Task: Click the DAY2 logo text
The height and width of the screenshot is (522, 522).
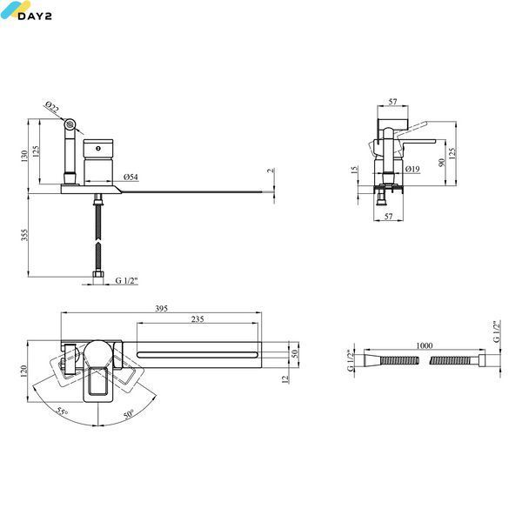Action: click(35, 16)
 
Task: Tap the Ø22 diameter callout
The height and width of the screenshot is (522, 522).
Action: click(52, 107)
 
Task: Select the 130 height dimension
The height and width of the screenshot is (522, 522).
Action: click(24, 156)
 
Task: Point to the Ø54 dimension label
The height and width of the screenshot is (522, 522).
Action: click(130, 177)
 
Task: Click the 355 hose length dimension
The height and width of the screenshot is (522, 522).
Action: click(24, 235)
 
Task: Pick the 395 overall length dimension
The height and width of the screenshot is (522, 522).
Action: click(162, 308)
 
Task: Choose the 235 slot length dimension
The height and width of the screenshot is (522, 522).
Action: click(197, 319)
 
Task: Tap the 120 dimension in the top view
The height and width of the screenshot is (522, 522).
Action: click(23, 371)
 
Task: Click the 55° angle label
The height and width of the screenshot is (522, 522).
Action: click(62, 412)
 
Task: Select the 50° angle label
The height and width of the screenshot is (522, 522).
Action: click(129, 414)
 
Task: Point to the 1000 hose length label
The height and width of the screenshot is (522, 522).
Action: click(425, 345)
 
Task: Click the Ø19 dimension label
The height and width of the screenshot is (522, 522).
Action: click(412, 169)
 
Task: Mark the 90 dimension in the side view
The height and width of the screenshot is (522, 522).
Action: click(442, 163)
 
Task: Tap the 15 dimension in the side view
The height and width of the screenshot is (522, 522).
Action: click(355, 170)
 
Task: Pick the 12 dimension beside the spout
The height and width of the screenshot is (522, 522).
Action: click(285, 378)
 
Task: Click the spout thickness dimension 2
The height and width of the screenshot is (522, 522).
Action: click(271, 171)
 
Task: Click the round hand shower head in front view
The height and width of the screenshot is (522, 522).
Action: click(70, 124)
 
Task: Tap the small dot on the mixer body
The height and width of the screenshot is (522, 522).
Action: click(98, 148)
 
